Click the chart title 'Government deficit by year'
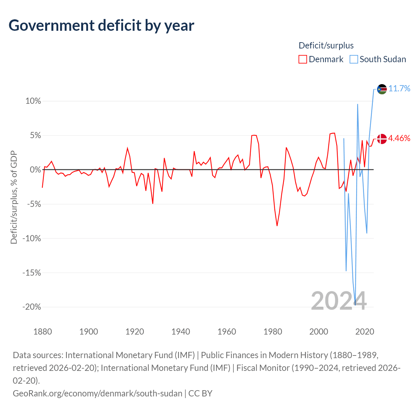tap(101, 26)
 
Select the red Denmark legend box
tap(302, 59)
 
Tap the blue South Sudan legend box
tap(354, 59)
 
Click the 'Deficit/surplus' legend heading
tap(326, 46)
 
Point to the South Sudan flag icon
tap(382, 89)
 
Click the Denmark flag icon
tap(382, 139)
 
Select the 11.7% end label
tap(399, 88)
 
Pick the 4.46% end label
tap(399, 138)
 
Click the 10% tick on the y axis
tap(33, 101)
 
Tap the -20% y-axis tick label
tap(32, 307)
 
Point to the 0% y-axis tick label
tap(35, 170)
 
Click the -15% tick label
tap(32, 272)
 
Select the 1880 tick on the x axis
tap(43, 332)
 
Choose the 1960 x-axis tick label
tap(227, 332)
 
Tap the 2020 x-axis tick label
tap(365, 332)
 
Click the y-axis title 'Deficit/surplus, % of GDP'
tap(14, 197)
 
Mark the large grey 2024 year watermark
tap(339, 301)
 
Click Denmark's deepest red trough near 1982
tap(277, 226)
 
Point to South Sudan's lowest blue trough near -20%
tap(355, 305)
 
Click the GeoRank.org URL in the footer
tap(98, 393)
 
